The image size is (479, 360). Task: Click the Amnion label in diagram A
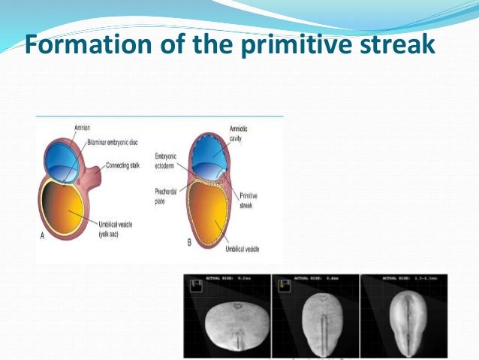pos(82,127)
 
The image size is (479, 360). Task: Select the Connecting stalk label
pos(123,164)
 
